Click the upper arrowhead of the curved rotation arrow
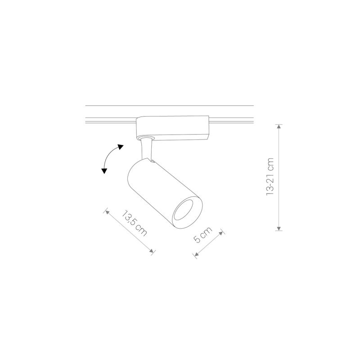[x=121, y=146]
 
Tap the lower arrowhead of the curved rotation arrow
[x=104, y=171]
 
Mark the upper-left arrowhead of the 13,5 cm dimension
[x=107, y=210]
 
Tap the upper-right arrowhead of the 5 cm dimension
[x=222, y=233]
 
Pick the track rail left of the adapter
[x=110, y=120]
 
